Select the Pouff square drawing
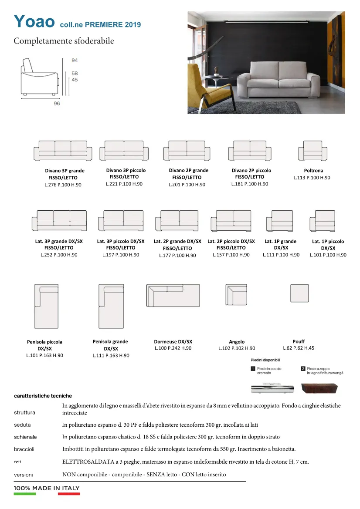(x=299, y=293)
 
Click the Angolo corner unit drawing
(x=236, y=294)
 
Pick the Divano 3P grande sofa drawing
(x=63, y=151)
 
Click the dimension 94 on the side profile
(x=75, y=61)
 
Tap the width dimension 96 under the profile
(x=57, y=104)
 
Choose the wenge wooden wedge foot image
(x=319, y=388)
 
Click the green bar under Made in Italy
(x=25, y=494)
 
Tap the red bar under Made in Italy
(x=69, y=494)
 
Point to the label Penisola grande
(x=110, y=342)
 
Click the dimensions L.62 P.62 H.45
(x=299, y=348)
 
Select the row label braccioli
(x=24, y=449)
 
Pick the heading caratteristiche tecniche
(x=43, y=396)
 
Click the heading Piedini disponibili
(x=265, y=360)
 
